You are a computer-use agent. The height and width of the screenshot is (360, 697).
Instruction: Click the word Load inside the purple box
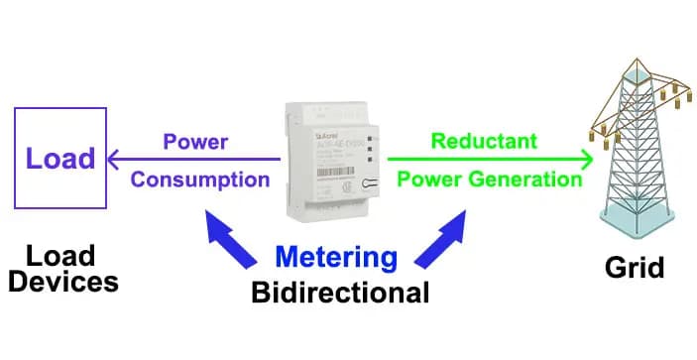pos(60,158)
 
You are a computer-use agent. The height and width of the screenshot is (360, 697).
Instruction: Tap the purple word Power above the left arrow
pos(195,142)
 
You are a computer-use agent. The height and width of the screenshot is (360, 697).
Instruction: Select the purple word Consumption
pos(200,180)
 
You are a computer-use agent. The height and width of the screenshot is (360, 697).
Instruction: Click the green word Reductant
pos(484,142)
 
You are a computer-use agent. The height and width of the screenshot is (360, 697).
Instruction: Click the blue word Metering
pos(335,257)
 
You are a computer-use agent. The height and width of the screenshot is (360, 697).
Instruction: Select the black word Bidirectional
pos(340,294)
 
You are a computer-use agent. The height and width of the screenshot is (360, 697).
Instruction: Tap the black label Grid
pos(635,268)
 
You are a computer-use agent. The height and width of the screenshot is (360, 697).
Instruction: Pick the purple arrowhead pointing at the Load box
pos(115,159)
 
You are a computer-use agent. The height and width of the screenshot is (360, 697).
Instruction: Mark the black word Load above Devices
pos(61,255)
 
